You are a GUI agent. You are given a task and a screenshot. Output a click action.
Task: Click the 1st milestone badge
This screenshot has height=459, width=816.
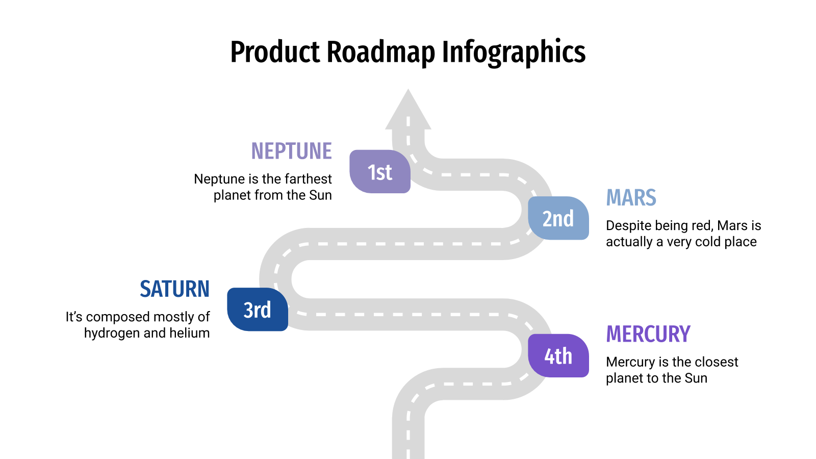pyautogui.click(x=380, y=172)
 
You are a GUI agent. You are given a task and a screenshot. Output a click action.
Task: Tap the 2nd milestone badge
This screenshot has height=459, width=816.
pyautogui.click(x=558, y=218)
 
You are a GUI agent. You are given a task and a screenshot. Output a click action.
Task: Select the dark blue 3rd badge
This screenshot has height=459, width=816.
pyautogui.click(x=258, y=310)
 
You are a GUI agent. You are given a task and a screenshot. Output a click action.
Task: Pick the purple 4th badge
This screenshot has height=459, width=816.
pyautogui.click(x=558, y=356)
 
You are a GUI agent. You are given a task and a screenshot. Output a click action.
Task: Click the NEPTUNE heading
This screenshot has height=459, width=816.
pyautogui.click(x=291, y=151)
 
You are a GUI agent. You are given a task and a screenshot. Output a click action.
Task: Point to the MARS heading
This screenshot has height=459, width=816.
pyautogui.click(x=631, y=198)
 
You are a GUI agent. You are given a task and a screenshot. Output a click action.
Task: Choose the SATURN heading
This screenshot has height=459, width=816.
pyautogui.click(x=174, y=289)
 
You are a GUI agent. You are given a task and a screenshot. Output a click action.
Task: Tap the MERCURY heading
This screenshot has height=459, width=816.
pyautogui.click(x=648, y=335)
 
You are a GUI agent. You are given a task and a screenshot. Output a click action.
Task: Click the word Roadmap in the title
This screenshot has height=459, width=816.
pyautogui.click(x=381, y=52)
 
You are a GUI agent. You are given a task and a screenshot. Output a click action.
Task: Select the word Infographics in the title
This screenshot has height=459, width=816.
pyautogui.click(x=514, y=52)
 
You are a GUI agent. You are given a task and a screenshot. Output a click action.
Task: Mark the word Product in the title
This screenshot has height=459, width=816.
pyautogui.click(x=275, y=52)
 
